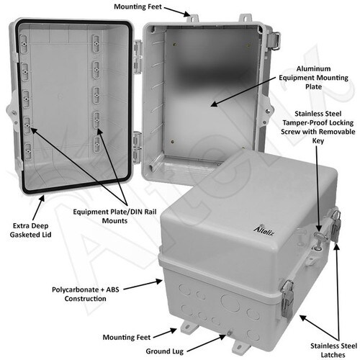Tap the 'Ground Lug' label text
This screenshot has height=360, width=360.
pyautogui.click(x=165, y=351)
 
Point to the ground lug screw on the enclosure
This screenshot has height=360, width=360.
pyautogui.click(x=230, y=333)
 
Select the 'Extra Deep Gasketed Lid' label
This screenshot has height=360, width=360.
pyautogui.click(x=30, y=230)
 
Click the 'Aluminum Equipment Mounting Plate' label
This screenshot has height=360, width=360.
pyautogui.click(x=313, y=78)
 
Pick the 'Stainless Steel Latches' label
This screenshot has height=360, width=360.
pyautogui.click(x=333, y=350)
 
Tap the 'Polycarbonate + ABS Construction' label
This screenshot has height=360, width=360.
pyautogui.click(x=86, y=294)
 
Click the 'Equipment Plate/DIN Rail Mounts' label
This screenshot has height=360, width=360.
pyautogui.click(x=114, y=216)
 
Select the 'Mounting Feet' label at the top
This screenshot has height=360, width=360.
pyautogui.click(x=138, y=6)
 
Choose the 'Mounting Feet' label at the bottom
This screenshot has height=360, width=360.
pyautogui.click(x=127, y=337)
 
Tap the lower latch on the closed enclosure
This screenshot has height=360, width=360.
pyautogui.click(x=287, y=300)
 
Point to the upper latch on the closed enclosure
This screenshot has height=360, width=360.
pyautogui.click(x=336, y=225)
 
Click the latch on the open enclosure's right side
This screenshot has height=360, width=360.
pyautogui.click(x=274, y=40)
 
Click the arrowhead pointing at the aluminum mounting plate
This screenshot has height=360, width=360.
pyautogui.click(x=214, y=104)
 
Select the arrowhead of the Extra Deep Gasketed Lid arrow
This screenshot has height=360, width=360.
pyautogui.click(x=42, y=199)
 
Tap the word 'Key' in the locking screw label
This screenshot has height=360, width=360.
pyautogui.click(x=318, y=140)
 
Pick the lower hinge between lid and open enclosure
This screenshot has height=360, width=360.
pyautogui.click(x=138, y=146)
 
